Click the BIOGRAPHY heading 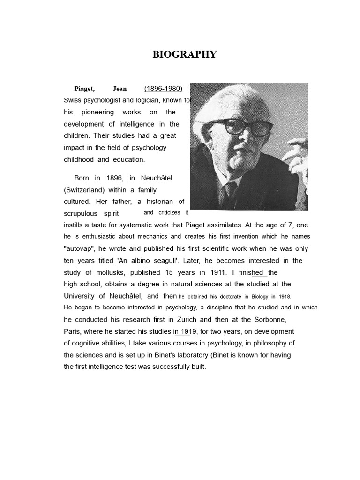tap(185, 54)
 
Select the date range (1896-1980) tap(163, 89)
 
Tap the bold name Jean tap(120, 89)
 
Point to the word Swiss tap(72, 100)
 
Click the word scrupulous tap(80, 213)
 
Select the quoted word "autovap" tap(80, 248)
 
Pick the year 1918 tap(284, 296)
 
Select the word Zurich tap(185, 319)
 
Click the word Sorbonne tap(269, 319)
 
